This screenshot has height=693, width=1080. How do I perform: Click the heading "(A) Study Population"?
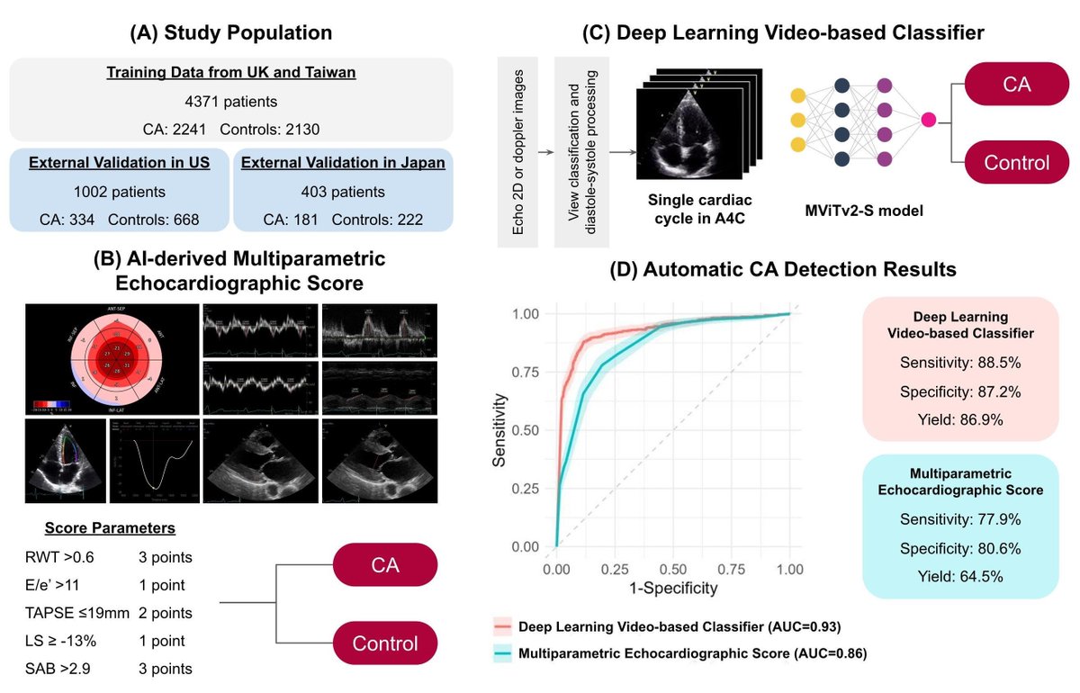click(x=232, y=33)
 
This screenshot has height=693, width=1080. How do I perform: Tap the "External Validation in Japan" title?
click(x=343, y=163)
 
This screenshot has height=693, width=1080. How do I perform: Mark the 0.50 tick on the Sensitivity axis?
click(x=526, y=430)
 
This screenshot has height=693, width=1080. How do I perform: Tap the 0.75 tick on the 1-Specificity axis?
click(x=732, y=570)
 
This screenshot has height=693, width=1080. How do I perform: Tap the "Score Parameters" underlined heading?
click(x=111, y=528)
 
